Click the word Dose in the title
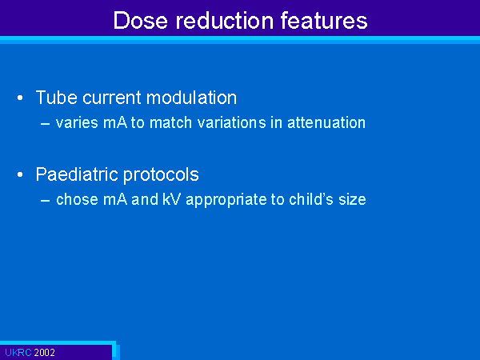pos(141,21)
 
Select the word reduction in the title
pos(224,21)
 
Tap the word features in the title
pos(324,21)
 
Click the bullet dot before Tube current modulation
pos(20,98)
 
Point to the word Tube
pos(56,98)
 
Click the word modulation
pos(192,98)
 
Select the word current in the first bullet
pos(112,98)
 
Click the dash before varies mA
pos(46,124)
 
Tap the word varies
pos(77,122)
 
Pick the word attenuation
pos(326,122)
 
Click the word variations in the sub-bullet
pos(232,122)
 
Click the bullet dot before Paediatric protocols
pos(20,174)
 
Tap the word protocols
pos(161,175)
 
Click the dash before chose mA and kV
pos(46,201)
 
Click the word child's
pos(311,199)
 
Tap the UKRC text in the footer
pos(18,353)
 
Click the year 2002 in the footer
pos(44,353)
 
